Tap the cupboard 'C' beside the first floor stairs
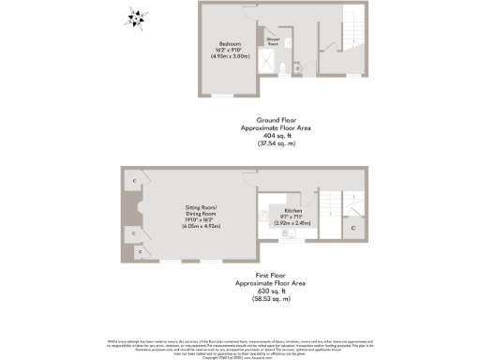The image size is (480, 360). (x=352, y=227)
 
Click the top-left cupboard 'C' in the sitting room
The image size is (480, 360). (x=134, y=180)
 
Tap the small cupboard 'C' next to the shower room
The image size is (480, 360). (x=298, y=67)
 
